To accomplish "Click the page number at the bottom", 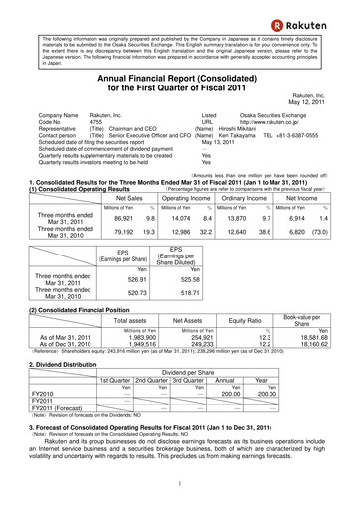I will [179, 481].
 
